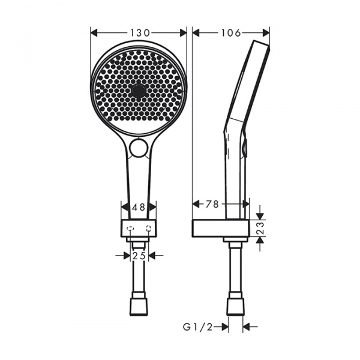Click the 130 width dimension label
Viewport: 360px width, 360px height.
[139, 33]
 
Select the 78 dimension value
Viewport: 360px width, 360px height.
[212, 204]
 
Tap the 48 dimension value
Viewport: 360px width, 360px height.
[139, 208]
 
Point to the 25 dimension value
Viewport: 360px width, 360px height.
[139, 255]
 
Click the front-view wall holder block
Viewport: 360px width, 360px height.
[139, 229]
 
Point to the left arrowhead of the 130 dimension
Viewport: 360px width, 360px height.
[94, 33]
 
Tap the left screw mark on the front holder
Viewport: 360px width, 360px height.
[130, 228]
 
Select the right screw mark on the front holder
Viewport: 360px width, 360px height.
[148, 228]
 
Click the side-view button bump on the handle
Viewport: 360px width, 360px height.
[245, 147]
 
